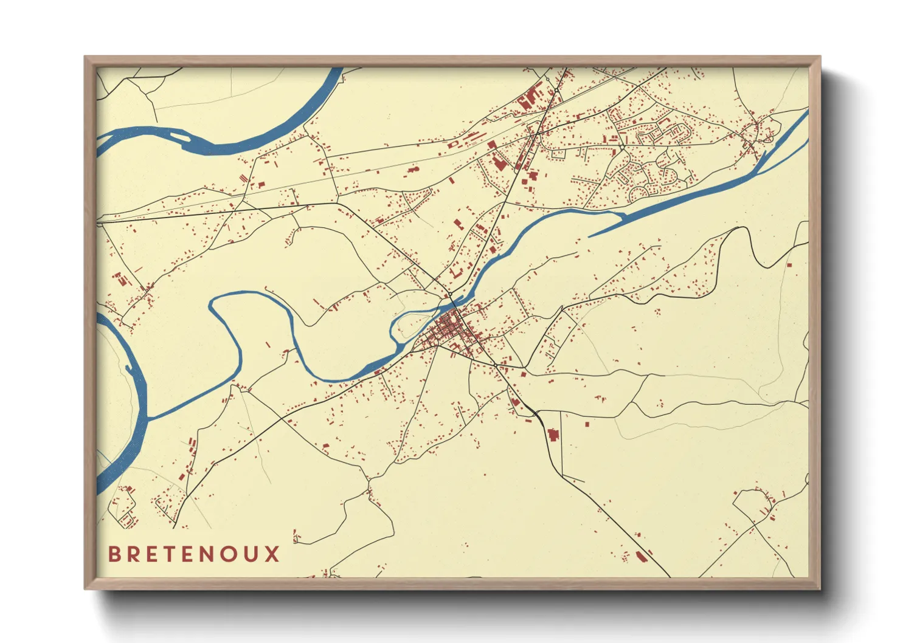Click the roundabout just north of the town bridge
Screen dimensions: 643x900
[x=451, y=294]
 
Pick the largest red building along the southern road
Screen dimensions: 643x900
[x=553, y=435]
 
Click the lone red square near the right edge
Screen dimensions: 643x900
[x=789, y=264]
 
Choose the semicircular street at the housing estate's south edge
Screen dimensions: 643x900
[x=639, y=194]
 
